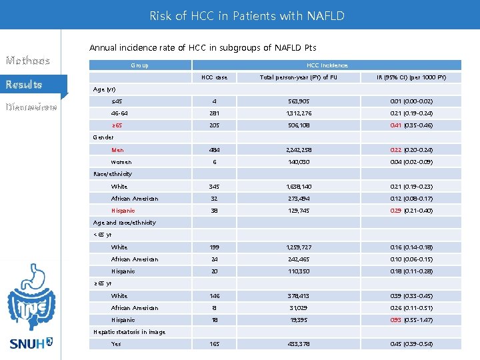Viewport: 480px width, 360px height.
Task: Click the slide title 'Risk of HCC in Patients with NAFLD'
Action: pyautogui.click(x=247, y=15)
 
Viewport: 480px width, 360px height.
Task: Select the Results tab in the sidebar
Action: pyautogui.click(x=25, y=85)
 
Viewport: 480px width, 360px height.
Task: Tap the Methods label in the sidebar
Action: pyautogui.click(x=28, y=61)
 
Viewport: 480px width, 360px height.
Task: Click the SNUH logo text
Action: pyautogui.click(x=31, y=344)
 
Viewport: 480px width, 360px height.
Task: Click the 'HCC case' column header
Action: pyautogui.click(x=214, y=77)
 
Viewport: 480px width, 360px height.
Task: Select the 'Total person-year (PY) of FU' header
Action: pyautogui.click(x=297, y=77)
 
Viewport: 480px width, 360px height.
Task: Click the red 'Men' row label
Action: pyautogui.click(x=117, y=150)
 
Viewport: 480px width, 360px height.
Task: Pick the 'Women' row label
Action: pyautogui.click(x=121, y=162)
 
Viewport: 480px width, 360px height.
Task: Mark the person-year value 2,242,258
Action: pyautogui.click(x=297, y=150)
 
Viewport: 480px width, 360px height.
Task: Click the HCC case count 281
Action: pyautogui.click(x=214, y=113)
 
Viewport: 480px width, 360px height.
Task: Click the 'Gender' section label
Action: pyautogui.click(x=103, y=137)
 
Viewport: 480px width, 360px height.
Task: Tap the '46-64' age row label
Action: pyautogui.click(x=119, y=113)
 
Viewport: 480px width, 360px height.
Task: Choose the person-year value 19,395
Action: pyautogui.click(x=297, y=320)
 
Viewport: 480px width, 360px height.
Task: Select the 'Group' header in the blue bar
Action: pyautogui.click(x=140, y=65)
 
